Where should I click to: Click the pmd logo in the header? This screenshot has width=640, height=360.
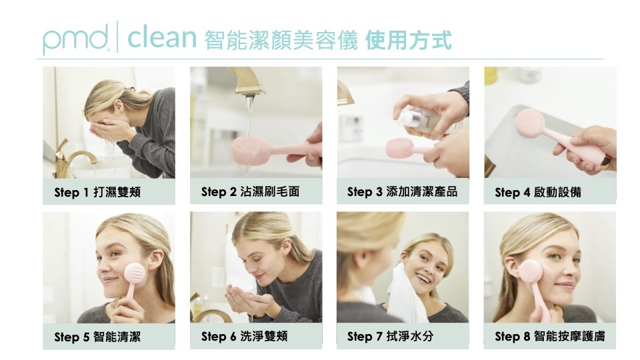coord(76,39)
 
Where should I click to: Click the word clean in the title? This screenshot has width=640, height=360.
coord(162,37)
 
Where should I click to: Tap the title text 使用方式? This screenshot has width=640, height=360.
coord(408,40)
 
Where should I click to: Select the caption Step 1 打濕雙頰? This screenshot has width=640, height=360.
coord(97,192)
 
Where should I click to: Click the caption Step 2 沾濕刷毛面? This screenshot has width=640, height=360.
coord(250,191)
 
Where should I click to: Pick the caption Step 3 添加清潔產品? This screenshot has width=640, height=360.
coord(402,191)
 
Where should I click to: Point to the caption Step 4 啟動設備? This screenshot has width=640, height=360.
coord(538,192)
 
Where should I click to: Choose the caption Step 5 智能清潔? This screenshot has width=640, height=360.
coord(97,337)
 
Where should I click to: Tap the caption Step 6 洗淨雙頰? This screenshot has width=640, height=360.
coord(245,336)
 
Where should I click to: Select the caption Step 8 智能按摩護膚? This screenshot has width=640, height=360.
coord(550,336)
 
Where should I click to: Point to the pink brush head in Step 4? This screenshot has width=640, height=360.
coord(529,123)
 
